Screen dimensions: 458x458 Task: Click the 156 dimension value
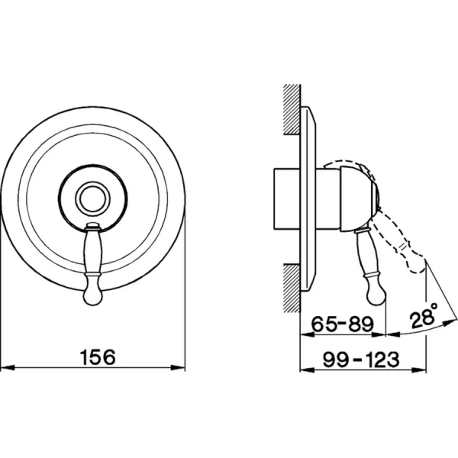(98, 357)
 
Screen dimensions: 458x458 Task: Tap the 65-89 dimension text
(343, 324)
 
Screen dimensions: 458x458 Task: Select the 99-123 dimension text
(361, 359)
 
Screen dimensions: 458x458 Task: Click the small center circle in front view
(93, 198)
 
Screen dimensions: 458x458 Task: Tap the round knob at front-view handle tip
(93, 295)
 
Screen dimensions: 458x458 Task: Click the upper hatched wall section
(292, 109)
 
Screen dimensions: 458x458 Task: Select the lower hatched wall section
(292, 288)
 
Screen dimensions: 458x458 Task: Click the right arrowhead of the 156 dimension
(178, 367)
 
